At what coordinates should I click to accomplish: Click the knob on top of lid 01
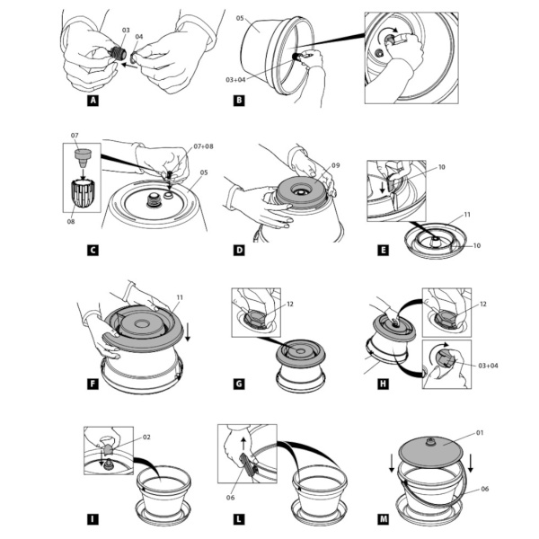click(429, 442)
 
